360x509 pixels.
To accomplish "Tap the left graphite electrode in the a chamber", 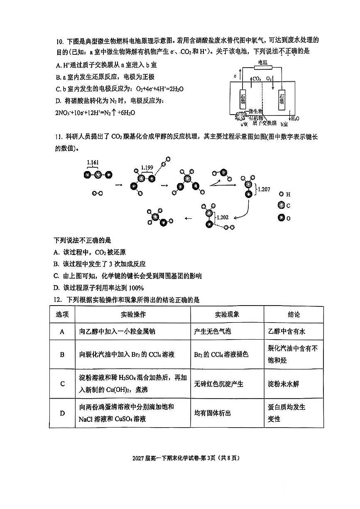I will click(x=242, y=100).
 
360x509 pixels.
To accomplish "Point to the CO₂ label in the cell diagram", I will click(x=257, y=78).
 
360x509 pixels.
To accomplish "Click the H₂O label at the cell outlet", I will click(x=295, y=118).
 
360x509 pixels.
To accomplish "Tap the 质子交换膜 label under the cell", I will click(x=263, y=123).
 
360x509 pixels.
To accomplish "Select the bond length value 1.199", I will click(x=147, y=168).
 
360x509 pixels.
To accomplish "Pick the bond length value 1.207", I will click(x=264, y=189).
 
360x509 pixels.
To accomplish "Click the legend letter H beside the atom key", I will click(x=288, y=194).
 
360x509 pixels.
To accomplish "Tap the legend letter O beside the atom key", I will click(x=288, y=218).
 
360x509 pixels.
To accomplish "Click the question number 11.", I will click(x=58, y=137).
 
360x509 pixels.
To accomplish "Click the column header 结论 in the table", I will click(x=294, y=315).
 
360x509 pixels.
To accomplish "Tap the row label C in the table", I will click(x=62, y=384).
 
